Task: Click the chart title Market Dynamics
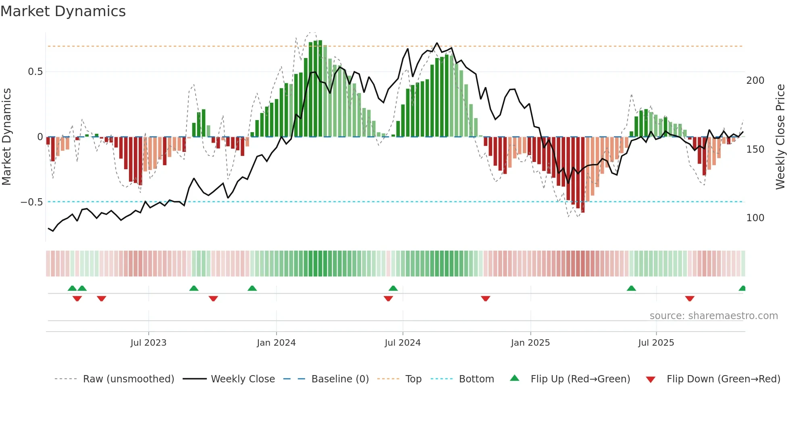(63, 11)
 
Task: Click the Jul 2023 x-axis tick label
(148, 343)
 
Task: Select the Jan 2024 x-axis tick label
(276, 343)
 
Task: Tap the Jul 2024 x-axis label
(402, 343)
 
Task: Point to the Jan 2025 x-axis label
(530, 343)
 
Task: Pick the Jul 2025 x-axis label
(656, 343)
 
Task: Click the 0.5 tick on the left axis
(35, 72)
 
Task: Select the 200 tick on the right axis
(755, 81)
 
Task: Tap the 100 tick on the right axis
(755, 218)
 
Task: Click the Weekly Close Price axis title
(780, 137)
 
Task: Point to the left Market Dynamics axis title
(6, 137)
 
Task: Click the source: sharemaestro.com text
(713, 316)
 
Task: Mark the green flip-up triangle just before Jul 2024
(393, 288)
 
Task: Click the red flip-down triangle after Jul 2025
(690, 299)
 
